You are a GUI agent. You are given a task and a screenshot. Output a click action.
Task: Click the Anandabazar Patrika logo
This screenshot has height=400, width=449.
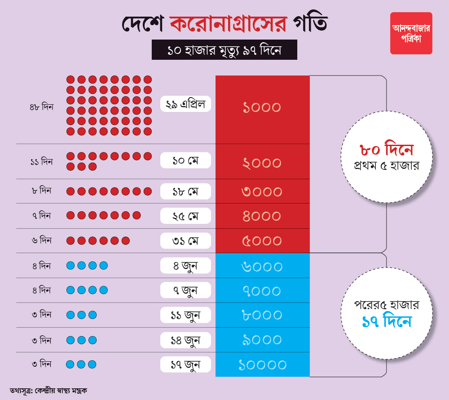point(411,33)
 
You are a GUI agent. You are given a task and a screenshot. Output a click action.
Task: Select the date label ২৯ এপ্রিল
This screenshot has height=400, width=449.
point(185,104)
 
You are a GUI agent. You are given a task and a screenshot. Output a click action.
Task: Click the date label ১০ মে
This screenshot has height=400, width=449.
point(185,160)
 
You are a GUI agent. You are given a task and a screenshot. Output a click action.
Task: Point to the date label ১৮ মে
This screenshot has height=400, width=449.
point(185,191)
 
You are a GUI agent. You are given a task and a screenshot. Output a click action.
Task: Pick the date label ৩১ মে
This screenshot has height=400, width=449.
point(185,240)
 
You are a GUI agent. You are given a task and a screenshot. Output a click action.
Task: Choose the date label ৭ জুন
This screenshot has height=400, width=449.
point(185,290)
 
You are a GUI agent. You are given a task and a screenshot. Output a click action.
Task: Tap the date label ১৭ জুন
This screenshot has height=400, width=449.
point(185,364)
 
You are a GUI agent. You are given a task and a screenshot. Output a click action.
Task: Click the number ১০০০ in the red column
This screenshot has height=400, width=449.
point(262,108)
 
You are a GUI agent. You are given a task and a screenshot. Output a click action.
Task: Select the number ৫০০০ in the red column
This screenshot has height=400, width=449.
point(262,241)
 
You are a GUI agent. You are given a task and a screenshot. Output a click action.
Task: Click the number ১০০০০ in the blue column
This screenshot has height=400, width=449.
point(263,364)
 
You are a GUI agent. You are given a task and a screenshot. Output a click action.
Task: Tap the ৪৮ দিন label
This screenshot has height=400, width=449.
point(41,108)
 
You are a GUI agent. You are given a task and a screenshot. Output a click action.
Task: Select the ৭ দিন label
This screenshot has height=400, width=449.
point(41,216)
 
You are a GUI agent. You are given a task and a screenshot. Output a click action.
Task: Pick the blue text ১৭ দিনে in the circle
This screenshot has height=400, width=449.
point(386,322)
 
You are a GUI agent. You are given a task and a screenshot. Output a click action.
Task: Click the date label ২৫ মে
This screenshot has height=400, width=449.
point(185,216)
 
